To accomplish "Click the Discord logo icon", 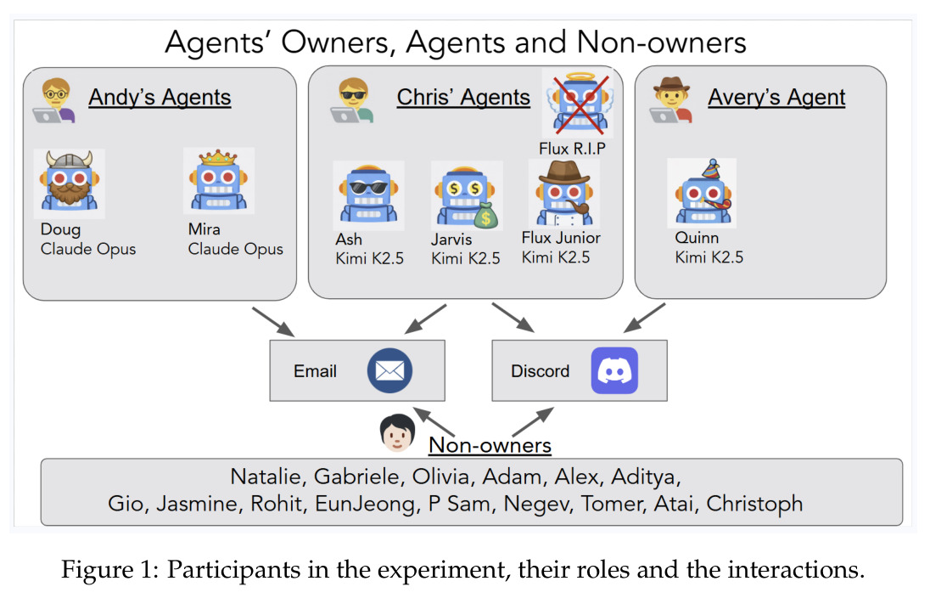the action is pos(614,370).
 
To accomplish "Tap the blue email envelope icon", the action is pos(389,370).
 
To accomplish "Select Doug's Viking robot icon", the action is pos(70,183).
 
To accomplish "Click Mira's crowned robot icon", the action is pos(219,181).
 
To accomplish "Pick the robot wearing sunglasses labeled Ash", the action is pos(368,195).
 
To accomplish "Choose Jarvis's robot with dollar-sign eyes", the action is pos(467,195).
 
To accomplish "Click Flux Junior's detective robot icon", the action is pos(564,195).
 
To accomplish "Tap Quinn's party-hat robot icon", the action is pos(702,193).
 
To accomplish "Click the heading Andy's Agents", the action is pos(160,97).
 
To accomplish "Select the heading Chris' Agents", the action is pos(463,97).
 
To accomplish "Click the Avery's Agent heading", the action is pos(776,97).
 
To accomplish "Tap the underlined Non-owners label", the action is pos(490,445).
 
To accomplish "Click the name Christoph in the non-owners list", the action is pos(754,504).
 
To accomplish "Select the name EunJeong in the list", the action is pos(365,504).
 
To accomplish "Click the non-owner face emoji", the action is pos(397,433).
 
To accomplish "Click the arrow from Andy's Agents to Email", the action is pos(273,322).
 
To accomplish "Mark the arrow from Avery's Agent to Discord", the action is pos(644,318).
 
